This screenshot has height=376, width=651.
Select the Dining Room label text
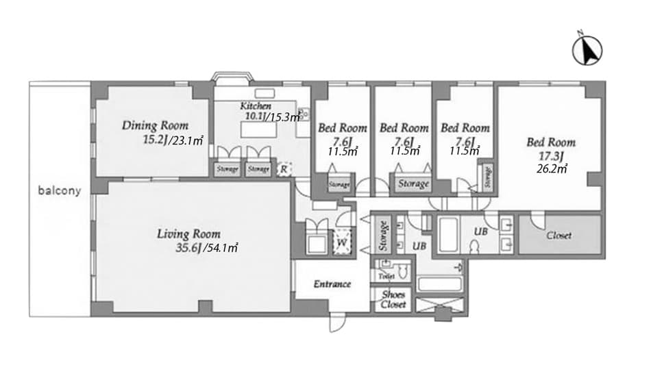click(155, 125)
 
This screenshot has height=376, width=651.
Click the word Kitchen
click(256, 107)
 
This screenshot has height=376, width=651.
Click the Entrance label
click(332, 284)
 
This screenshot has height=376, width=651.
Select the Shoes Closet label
click(393, 300)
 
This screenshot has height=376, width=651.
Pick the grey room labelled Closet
click(559, 235)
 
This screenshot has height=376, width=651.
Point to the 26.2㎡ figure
click(552, 168)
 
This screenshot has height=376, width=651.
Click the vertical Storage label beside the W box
click(384, 235)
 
